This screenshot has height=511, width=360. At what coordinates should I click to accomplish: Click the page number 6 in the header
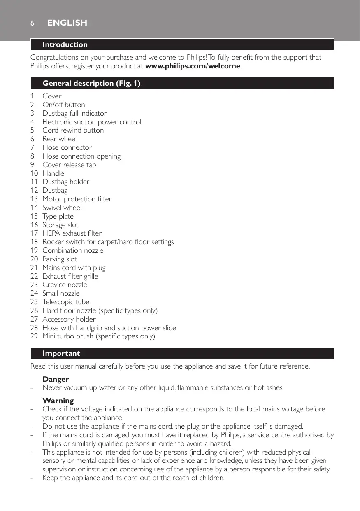(x=32, y=23)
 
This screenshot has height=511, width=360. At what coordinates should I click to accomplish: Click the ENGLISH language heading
(x=67, y=23)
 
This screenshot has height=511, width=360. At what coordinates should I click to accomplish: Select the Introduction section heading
(x=65, y=44)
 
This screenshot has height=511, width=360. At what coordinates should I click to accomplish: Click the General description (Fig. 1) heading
(x=91, y=83)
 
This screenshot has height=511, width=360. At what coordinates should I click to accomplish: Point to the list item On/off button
(x=64, y=105)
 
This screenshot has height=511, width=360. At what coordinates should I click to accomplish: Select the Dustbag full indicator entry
(x=74, y=113)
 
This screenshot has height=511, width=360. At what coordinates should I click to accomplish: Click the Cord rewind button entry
(x=73, y=130)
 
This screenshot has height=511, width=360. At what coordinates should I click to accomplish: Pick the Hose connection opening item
(x=81, y=156)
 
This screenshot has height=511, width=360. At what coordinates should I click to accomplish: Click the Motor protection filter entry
(x=77, y=199)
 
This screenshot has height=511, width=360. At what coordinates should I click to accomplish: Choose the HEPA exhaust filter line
(x=72, y=233)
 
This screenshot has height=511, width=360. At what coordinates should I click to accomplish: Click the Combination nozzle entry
(x=73, y=250)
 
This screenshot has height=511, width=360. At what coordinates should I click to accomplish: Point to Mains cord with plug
(x=74, y=268)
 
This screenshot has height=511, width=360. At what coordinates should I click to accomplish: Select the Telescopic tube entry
(x=66, y=302)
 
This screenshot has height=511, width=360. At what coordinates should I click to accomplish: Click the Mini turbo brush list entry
(x=99, y=336)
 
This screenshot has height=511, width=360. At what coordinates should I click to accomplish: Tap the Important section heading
(x=61, y=353)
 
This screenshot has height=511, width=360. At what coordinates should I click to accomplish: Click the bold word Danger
(x=56, y=379)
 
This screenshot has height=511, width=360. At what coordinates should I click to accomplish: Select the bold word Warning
(x=58, y=401)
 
